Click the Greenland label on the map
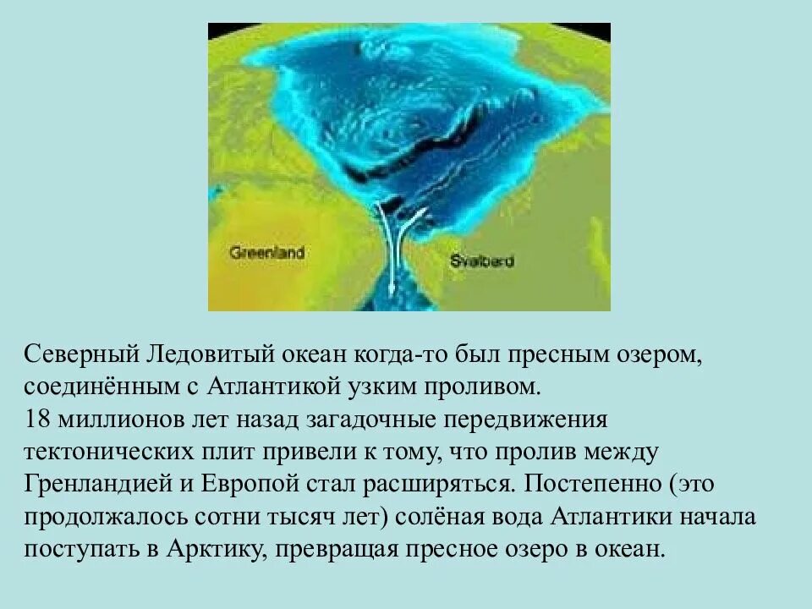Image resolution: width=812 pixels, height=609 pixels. tap(266, 253)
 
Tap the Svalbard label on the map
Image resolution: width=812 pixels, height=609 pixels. tap(481, 261)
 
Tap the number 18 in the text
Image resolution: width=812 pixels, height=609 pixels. tap(38, 419)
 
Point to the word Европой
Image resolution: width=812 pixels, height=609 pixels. tap(255, 484)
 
